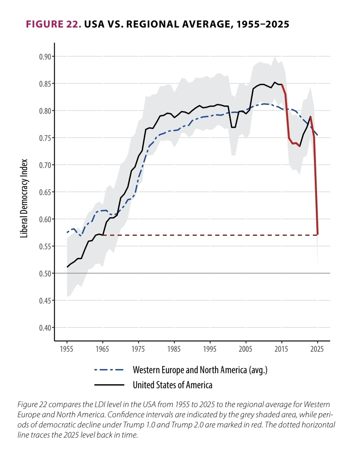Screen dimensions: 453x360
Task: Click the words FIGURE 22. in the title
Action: click(53, 24)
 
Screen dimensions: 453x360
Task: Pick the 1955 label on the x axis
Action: click(67, 348)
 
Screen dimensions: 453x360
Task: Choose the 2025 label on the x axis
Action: click(318, 348)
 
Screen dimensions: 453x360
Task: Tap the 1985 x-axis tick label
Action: click(174, 348)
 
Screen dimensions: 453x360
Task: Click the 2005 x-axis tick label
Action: click(246, 348)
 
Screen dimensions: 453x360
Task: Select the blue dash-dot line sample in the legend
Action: click(109, 370)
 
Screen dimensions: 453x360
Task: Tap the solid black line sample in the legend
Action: click(109, 385)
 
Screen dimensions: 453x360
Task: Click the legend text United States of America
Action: click(173, 385)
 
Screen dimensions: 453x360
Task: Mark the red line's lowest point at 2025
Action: click(318, 234)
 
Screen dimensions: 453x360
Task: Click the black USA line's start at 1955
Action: click(67, 267)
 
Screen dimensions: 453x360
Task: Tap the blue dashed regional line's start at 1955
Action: click(67, 232)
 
